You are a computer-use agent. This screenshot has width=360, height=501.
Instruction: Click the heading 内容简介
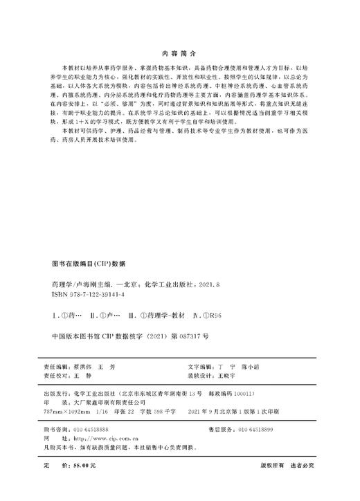coord(179,52)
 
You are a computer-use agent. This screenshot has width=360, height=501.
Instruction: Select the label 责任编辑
coord(55,365)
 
